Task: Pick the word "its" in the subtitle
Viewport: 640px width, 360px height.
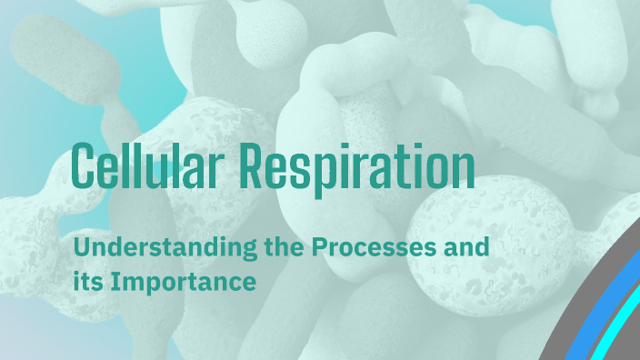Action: [x=88, y=281]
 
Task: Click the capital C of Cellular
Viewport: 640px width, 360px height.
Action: [x=85, y=166]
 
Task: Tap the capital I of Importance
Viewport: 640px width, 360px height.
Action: [x=114, y=281]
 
